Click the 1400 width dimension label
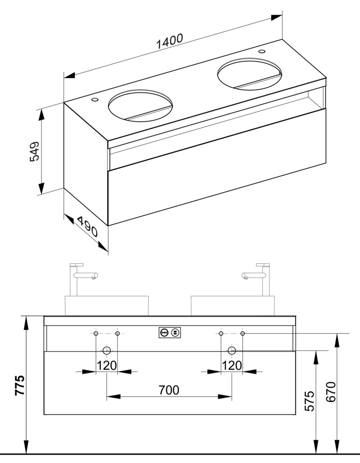point(170,41)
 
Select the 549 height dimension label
point(35,151)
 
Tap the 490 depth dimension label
point(87,227)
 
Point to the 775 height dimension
point(20,385)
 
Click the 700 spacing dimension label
point(169,390)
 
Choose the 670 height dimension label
point(331,392)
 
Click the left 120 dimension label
point(107,366)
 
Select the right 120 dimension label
point(231,366)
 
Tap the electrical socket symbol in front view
point(170,333)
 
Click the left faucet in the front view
point(81,279)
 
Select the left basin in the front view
point(107,306)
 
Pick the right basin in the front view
point(233,306)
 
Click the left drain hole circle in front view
point(107,351)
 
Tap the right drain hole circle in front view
point(231,351)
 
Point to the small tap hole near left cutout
point(95,99)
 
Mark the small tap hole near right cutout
point(262,51)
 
